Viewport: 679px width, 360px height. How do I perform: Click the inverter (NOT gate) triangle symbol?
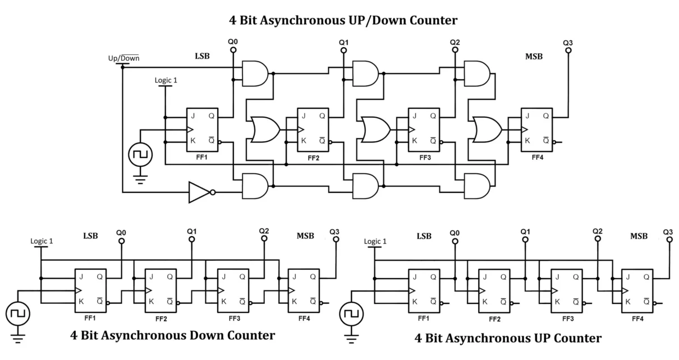coord(199,192)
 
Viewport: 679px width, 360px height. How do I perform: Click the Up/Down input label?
coord(123,58)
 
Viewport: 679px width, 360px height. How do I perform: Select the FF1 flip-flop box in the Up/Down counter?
coord(202,130)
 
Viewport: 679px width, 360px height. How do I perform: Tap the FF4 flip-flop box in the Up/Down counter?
coord(536,130)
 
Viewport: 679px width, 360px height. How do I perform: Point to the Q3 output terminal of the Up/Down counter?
coord(568,50)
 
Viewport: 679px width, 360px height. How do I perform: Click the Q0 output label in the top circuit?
coord(233,41)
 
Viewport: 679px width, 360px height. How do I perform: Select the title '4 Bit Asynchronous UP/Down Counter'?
coord(343,21)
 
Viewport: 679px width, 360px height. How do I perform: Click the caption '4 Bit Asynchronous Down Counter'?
coord(173,335)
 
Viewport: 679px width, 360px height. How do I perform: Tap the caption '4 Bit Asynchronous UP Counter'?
coord(508,338)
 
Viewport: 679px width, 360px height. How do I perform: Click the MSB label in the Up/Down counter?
coord(534,56)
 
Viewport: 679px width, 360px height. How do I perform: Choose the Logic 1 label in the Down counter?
coord(42,241)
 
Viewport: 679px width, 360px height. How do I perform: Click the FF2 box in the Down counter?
coord(160,290)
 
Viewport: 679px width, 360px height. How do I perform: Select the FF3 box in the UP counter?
coord(566,290)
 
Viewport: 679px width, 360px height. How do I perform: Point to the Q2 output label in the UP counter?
coord(598,231)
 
